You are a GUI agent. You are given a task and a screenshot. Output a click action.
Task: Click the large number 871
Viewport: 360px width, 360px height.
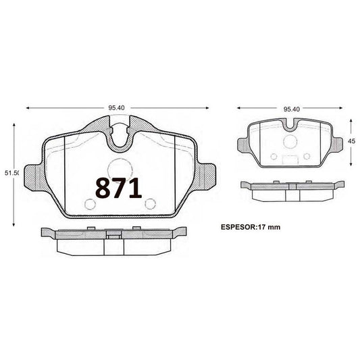tap(118, 188)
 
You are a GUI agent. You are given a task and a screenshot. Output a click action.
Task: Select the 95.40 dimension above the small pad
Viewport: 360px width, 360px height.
tap(292, 109)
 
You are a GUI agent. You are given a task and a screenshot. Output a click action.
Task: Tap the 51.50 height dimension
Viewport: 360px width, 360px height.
tap(11, 173)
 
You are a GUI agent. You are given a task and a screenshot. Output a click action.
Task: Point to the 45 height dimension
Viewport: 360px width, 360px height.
tap(351, 141)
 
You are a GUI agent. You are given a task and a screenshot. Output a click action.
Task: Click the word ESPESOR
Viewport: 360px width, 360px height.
tap(238, 227)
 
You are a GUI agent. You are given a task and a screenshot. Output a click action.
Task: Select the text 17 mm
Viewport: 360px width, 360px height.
tap(269, 227)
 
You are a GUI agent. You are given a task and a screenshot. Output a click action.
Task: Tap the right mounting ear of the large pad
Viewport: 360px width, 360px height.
tap(206, 177)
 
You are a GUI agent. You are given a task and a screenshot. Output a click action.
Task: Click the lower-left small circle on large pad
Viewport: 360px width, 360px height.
tap(90, 204)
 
